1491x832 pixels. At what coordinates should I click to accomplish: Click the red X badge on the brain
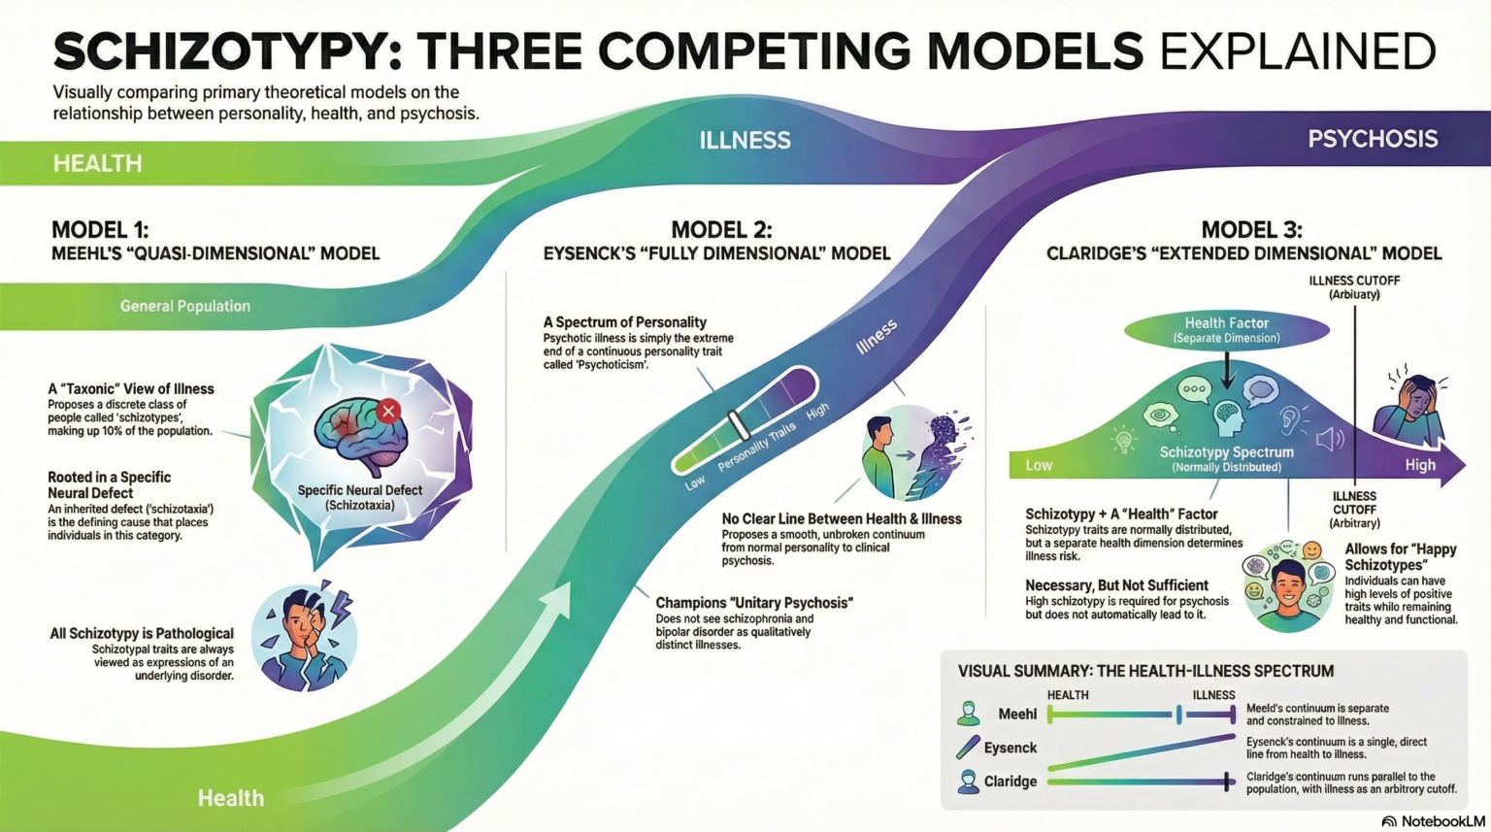(x=388, y=411)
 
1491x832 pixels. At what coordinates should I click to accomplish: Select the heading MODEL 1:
(x=100, y=230)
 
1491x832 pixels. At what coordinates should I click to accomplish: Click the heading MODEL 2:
(x=721, y=230)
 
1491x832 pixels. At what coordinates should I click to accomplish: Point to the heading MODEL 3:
(x=1251, y=230)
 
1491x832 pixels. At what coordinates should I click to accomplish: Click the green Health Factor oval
(x=1226, y=330)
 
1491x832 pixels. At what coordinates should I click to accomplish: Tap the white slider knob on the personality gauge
(x=738, y=425)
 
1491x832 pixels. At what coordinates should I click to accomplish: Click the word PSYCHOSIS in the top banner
(x=1372, y=139)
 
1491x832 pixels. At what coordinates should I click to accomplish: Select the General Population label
(x=184, y=306)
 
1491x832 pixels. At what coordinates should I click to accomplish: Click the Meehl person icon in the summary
(x=968, y=714)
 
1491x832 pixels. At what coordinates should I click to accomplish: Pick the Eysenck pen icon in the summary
(x=968, y=747)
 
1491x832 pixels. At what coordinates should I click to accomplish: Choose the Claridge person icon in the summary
(x=968, y=782)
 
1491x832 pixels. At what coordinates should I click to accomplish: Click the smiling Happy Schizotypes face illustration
(x=1288, y=586)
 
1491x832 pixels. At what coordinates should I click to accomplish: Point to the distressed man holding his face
(x=304, y=637)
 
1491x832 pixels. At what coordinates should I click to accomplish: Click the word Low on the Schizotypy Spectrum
(x=1039, y=465)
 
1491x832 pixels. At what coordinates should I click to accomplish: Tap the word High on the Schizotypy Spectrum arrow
(x=1419, y=465)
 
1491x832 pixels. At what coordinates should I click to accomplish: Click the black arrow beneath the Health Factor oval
(x=1227, y=370)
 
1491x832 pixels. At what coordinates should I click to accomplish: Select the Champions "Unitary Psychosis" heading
(x=753, y=603)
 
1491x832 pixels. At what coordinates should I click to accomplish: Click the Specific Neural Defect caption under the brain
(x=359, y=497)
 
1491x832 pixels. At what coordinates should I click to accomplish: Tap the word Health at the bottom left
(x=230, y=798)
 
